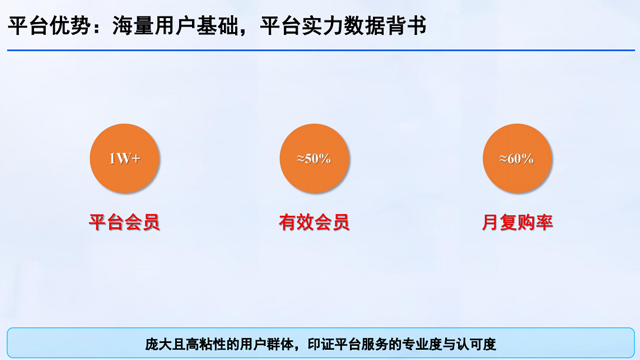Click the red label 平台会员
(124, 222)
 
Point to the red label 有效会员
(314, 222)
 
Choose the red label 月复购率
(516, 222)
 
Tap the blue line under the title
(320, 50)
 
